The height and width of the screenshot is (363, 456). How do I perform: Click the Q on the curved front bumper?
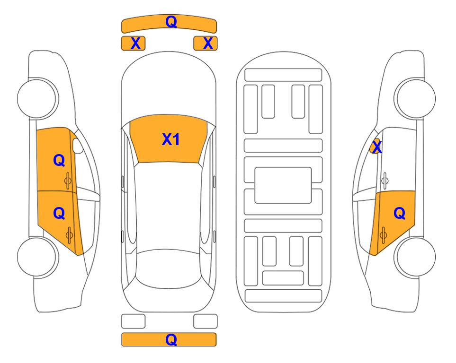tap(171, 21)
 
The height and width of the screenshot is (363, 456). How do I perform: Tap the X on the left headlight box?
tap(135, 43)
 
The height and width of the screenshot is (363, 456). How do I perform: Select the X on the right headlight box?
tap(208, 43)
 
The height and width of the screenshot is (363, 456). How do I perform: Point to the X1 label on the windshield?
tap(171, 139)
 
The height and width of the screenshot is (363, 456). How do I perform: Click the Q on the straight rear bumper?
tap(171, 339)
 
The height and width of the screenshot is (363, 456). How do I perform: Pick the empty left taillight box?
tap(133, 321)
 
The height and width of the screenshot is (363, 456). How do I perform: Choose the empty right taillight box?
tap(206, 321)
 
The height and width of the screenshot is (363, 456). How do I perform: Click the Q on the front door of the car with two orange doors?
tap(59, 160)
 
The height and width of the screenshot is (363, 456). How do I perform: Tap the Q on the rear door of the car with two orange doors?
tap(59, 214)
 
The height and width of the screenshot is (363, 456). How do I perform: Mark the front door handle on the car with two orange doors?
tap(68, 181)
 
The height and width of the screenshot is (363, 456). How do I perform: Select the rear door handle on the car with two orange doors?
tap(69, 235)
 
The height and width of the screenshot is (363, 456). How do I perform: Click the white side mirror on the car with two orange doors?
tap(78, 146)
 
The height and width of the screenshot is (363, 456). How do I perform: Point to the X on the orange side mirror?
tap(377, 147)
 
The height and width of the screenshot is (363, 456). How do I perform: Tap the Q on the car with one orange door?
tap(399, 214)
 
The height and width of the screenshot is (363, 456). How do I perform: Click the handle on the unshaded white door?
tap(384, 181)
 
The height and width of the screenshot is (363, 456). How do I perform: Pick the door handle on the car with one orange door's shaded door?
tap(383, 235)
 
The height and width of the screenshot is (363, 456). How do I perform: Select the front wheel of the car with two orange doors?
tap(37, 98)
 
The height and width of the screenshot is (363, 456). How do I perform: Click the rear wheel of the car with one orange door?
tap(416, 257)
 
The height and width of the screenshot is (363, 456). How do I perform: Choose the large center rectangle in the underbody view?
tap(283, 185)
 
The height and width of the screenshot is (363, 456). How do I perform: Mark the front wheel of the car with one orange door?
tap(416, 98)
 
